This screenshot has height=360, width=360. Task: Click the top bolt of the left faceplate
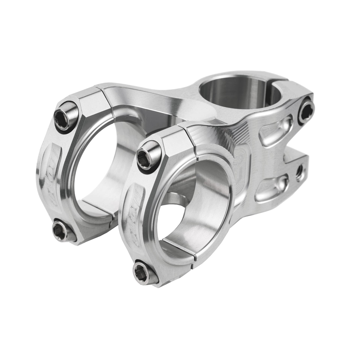tap(66, 116)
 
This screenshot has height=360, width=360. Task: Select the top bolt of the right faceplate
tap(148, 156)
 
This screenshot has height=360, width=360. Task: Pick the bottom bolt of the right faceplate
tap(143, 272)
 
